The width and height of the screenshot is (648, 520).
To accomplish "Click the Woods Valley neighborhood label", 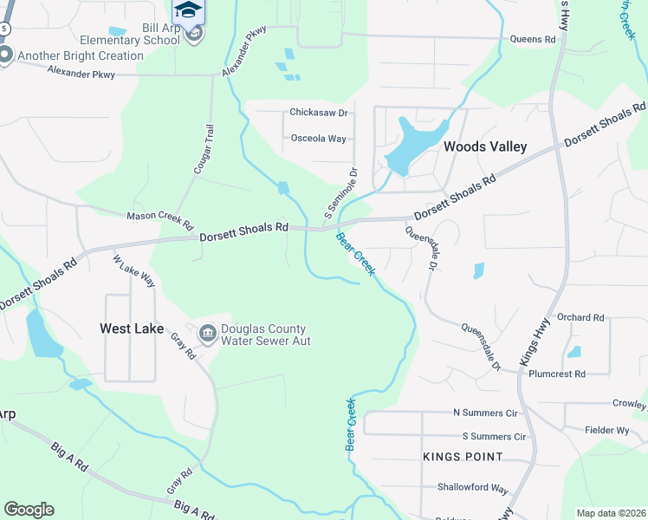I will [484, 147].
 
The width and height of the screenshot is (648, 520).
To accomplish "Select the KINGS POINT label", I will [463, 457].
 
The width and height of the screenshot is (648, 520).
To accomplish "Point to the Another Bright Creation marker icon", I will [5, 56].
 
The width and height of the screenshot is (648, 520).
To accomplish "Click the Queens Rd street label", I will [532, 40].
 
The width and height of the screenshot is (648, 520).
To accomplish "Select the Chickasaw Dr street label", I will [318, 113].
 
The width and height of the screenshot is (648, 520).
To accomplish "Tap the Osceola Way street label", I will [318, 139].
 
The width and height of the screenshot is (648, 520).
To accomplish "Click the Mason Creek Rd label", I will [160, 217].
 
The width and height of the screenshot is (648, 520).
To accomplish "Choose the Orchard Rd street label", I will [580, 318].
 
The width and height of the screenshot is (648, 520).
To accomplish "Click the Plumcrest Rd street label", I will [556, 374].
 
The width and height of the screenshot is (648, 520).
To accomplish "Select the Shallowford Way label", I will [472, 488].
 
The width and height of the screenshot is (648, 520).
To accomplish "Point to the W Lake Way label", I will [133, 270].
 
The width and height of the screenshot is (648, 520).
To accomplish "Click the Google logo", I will [29, 510].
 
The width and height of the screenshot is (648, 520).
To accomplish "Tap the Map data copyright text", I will [610, 513].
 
